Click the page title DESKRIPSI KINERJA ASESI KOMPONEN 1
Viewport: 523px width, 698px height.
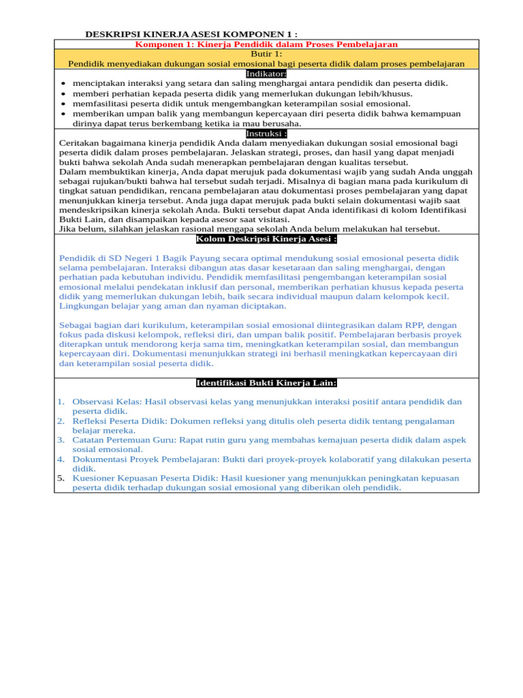tap(191, 34)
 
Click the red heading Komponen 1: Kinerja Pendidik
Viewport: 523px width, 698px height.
tap(266, 44)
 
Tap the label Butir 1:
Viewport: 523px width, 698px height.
tap(266, 54)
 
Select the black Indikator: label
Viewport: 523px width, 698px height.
tap(266, 74)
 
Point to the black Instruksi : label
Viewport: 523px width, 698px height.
tap(266, 134)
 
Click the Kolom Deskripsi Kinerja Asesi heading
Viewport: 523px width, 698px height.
tap(266, 239)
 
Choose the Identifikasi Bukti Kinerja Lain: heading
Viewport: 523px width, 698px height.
tap(266, 383)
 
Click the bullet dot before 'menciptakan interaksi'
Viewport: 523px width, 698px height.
tap(63, 84)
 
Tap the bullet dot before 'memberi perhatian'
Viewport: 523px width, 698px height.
tap(63, 94)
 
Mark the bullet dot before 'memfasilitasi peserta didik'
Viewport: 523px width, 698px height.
tap(63, 104)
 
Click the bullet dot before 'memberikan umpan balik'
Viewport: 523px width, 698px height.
tap(63, 115)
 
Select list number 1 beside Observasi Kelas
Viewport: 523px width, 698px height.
tap(61, 402)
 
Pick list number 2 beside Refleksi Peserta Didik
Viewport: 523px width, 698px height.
tap(61, 421)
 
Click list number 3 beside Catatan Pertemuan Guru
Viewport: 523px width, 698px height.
tap(61, 440)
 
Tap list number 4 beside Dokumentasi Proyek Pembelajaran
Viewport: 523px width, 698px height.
tap(61, 459)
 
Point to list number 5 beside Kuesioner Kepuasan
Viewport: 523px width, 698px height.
tap(61, 479)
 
